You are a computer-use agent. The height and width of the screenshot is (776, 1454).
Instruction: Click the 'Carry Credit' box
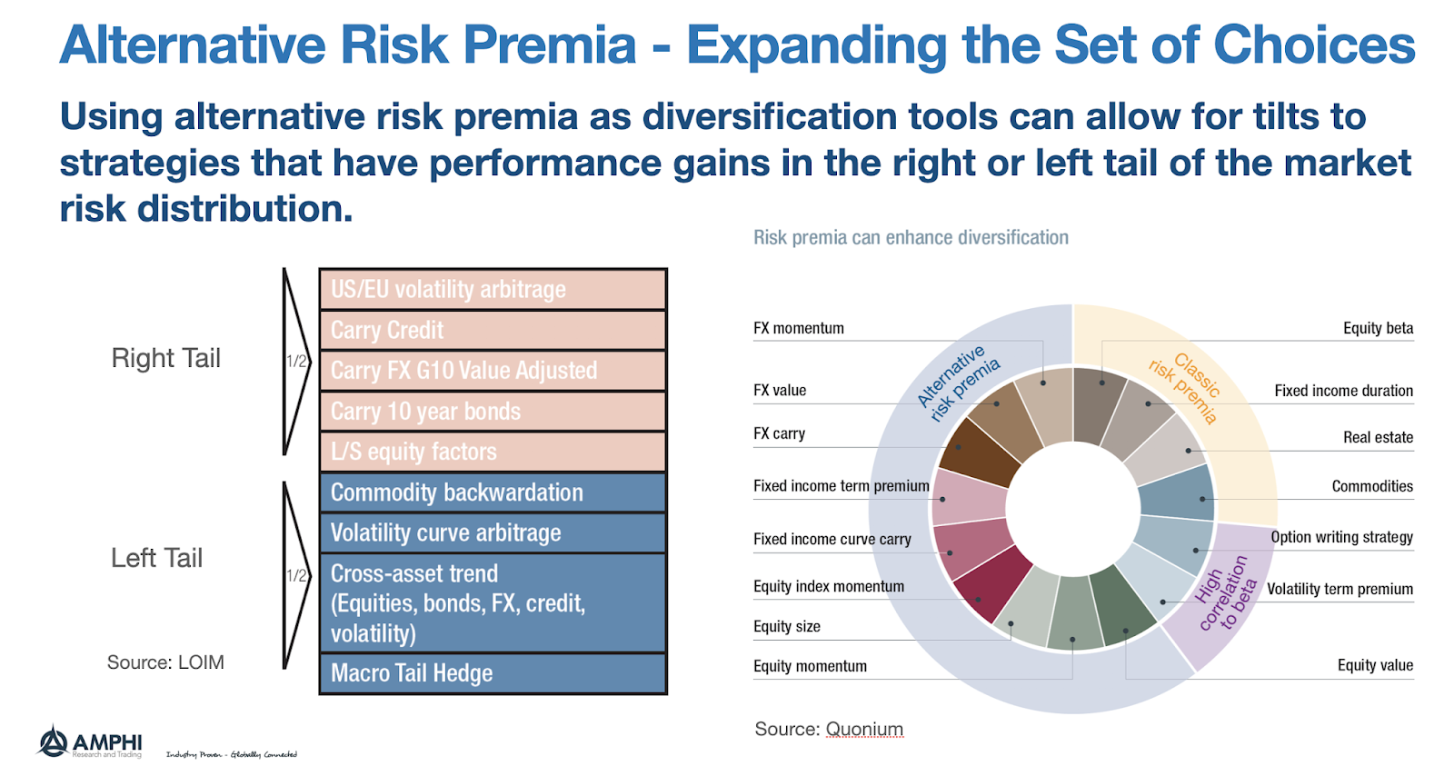(x=493, y=330)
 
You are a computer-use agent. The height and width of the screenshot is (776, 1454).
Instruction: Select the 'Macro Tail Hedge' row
(x=493, y=673)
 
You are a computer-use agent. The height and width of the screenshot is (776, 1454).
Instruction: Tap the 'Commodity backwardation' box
(x=493, y=492)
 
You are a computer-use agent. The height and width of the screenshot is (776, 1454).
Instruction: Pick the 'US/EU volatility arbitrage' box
(x=493, y=289)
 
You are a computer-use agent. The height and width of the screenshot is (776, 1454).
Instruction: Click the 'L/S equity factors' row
(x=493, y=452)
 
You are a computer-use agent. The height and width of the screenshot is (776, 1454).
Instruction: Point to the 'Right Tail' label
(x=165, y=358)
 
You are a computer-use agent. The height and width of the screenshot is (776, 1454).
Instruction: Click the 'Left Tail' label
(x=156, y=558)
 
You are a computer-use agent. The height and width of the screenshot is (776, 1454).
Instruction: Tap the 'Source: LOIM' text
(x=165, y=662)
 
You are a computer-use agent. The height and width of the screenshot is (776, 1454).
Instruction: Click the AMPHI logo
(x=89, y=742)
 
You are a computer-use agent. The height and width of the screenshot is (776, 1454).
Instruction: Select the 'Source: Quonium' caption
(x=829, y=729)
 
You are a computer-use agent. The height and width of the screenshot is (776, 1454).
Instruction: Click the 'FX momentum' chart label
(x=799, y=328)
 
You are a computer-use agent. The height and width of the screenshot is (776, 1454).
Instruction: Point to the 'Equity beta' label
(x=1378, y=328)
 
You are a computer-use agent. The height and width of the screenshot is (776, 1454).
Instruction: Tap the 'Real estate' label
(x=1378, y=437)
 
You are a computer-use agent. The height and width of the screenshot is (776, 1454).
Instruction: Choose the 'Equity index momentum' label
(x=829, y=586)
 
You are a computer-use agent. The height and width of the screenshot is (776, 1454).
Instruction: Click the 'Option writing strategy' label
(x=1341, y=537)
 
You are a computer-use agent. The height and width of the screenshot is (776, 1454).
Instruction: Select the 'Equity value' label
(x=1375, y=665)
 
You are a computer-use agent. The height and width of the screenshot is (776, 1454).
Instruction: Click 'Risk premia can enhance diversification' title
(x=911, y=238)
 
